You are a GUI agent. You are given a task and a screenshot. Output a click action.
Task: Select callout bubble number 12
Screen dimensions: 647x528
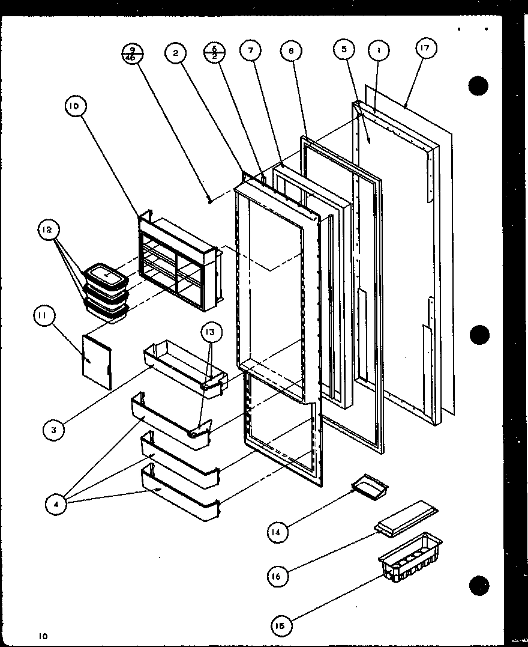(x=47, y=229)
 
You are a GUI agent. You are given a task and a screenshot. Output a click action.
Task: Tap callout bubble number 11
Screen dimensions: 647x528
(x=45, y=317)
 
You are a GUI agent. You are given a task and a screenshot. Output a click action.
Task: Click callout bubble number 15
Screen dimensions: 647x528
(x=281, y=625)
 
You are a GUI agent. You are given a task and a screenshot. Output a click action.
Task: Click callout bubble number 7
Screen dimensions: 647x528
(x=251, y=50)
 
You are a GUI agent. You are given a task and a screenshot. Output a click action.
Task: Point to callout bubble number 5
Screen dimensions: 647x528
(x=344, y=50)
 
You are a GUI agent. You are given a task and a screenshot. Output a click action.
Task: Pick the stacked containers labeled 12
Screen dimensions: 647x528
(x=106, y=292)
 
